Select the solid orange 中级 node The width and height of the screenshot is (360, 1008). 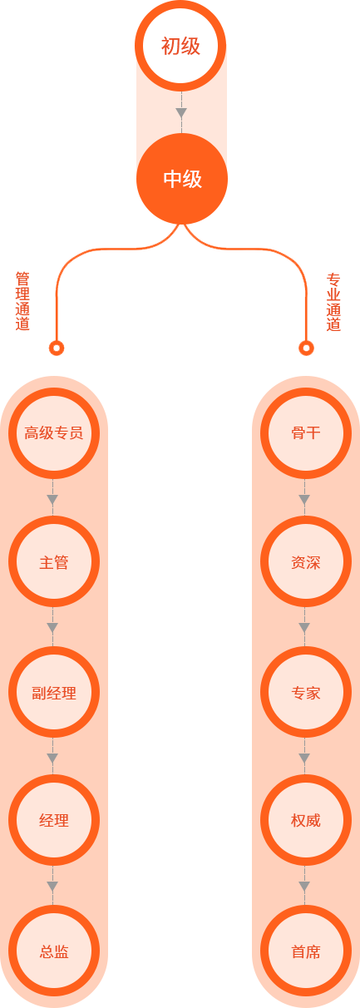coord(182,179)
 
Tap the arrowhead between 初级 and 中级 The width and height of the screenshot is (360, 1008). coord(181,113)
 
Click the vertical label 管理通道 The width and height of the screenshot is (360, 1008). coord(22,301)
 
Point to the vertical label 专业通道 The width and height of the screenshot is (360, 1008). coord(333,302)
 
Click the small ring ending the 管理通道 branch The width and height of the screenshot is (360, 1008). coord(57,348)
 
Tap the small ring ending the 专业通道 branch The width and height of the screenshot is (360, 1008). coord(306,348)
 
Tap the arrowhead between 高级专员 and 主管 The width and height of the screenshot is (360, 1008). coord(52,500)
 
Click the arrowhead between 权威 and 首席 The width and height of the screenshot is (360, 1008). coord(304,887)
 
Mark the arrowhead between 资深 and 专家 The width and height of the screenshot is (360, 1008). coord(304,628)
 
